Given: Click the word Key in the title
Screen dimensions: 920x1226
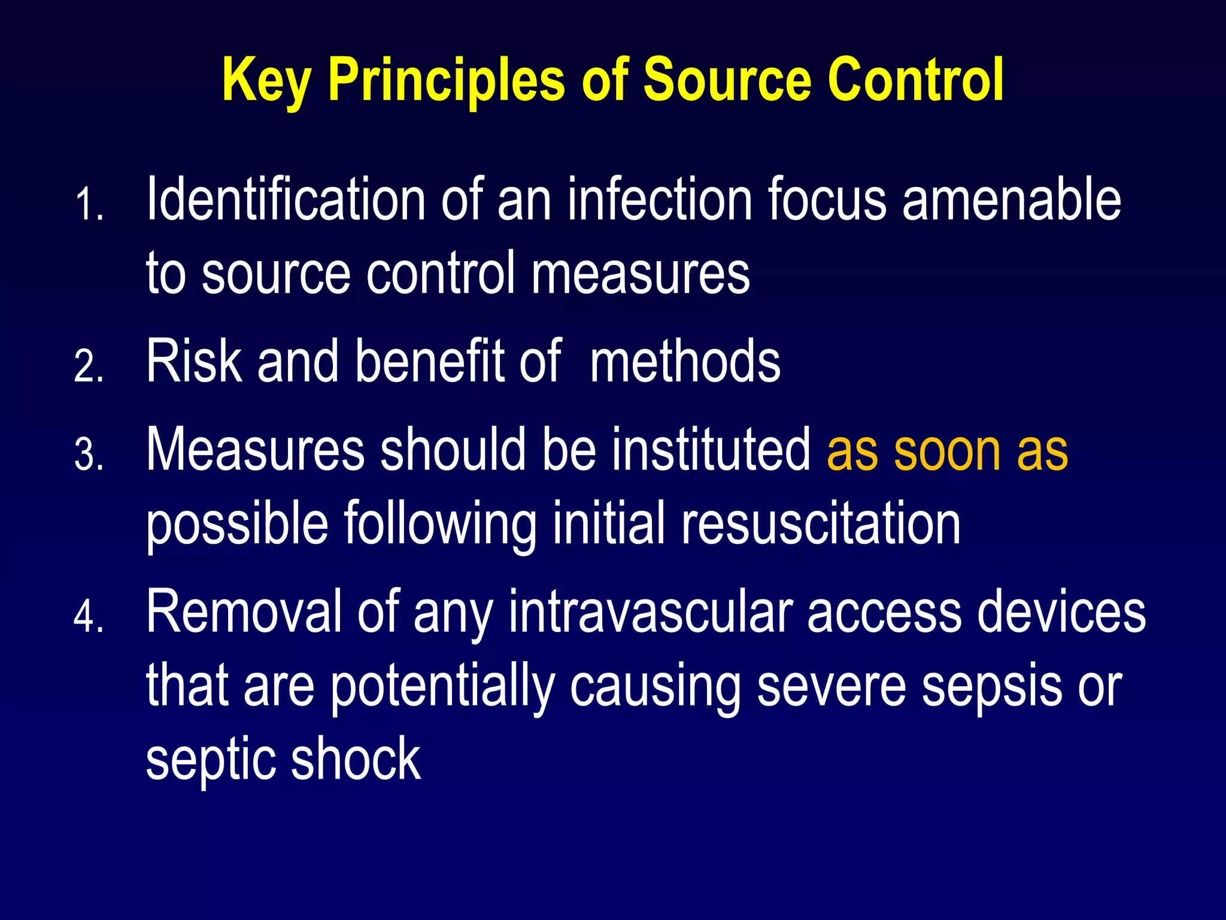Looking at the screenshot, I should click(266, 81).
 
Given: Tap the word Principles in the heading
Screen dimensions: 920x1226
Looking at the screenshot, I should click(446, 81).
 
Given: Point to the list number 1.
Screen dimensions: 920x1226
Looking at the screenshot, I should click(89, 205).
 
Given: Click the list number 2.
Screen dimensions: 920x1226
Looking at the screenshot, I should click(89, 367).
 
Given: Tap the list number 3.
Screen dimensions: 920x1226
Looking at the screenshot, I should click(89, 455).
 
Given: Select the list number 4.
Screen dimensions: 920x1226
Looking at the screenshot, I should click(89, 617).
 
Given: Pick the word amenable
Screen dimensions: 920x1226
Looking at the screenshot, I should click(1011, 199).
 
